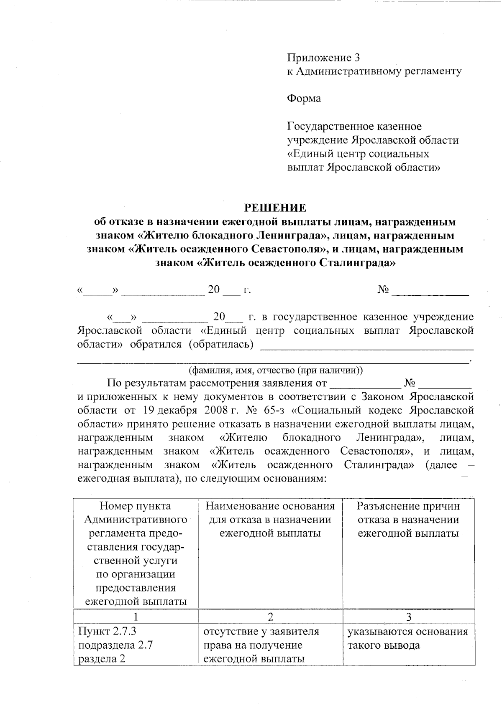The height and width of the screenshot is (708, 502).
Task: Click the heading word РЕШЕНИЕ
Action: [275, 208]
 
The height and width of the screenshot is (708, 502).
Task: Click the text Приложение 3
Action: [323, 57]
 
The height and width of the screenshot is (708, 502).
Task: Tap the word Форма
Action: [304, 99]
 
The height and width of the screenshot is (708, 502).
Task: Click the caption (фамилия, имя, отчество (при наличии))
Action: [276, 370]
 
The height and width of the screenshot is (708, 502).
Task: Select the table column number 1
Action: [136, 617]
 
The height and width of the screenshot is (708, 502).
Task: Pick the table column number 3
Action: [408, 617]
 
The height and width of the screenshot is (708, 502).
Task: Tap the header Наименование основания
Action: [270, 506]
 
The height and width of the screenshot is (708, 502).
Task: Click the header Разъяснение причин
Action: [408, 506]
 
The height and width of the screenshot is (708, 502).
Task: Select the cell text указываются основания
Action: [407, 631]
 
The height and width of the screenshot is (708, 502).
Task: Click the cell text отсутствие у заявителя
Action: [261, 631]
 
